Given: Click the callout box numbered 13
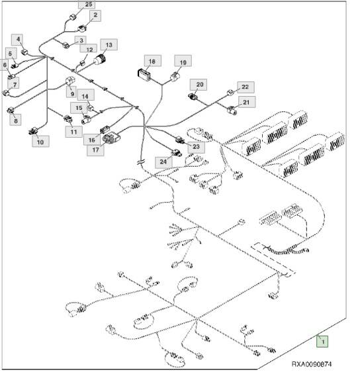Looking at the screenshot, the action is click(109, 44).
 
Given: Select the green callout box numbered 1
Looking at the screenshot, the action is click(322, 342).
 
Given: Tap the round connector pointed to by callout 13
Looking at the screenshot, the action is click(100, 59).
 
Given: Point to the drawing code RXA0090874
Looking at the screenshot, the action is click(312, 364).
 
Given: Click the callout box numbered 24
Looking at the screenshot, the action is click(163, 162).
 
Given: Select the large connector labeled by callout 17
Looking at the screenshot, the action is click(111, 138).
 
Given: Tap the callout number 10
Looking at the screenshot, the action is click(40, 142).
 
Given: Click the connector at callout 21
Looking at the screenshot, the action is click(232, 111).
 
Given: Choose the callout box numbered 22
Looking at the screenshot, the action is click(246, 87).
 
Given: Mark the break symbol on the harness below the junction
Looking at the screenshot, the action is click(140, 162).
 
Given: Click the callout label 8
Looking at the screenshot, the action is click(15, 120).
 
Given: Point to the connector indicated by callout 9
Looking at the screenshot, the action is click(70, 81).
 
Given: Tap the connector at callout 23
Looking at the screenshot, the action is click(180, 140).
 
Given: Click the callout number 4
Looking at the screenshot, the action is click(19, 40).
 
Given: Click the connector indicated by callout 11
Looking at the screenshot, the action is click(68, 118).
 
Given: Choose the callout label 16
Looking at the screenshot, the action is click(92, 140).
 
